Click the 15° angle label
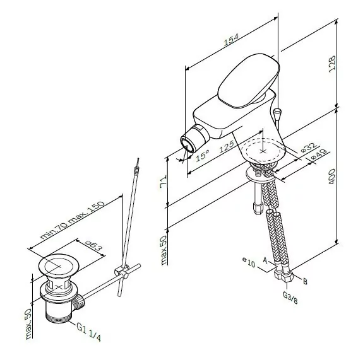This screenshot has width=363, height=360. tap(201, 155)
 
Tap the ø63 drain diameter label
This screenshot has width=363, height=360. tap(93, 246)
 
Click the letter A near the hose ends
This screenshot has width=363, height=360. tap(266, 260)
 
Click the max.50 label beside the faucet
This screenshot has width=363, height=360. tap(162, 250)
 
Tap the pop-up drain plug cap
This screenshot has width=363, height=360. tap(59, 265)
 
